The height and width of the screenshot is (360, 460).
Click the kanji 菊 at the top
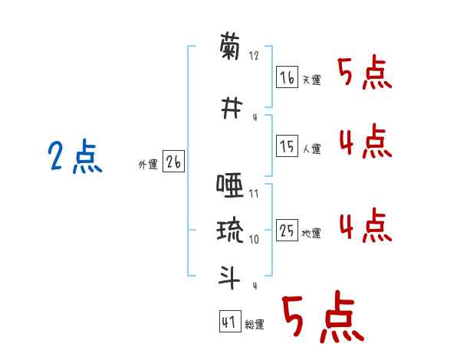230,48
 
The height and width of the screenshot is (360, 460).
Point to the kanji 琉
230,231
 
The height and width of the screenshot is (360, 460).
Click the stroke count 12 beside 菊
255,56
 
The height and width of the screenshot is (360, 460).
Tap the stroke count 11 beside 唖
254,193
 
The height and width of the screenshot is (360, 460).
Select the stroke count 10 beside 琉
254,239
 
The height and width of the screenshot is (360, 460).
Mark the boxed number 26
173,162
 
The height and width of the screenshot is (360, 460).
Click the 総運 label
254,325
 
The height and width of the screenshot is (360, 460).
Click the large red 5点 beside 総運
322,318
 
